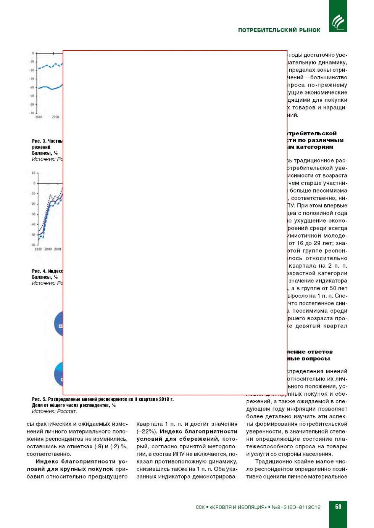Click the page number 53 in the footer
click(338, 507)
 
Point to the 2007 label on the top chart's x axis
click(39, 117)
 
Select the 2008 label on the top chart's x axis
click(56, 117)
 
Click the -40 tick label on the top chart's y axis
click(32, 87)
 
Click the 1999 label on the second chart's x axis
click(38, 249)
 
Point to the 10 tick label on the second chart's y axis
click(33, 173)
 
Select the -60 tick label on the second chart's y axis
click(33, 245)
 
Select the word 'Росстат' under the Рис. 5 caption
click(67, 411)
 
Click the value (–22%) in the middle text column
click(147, 432)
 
